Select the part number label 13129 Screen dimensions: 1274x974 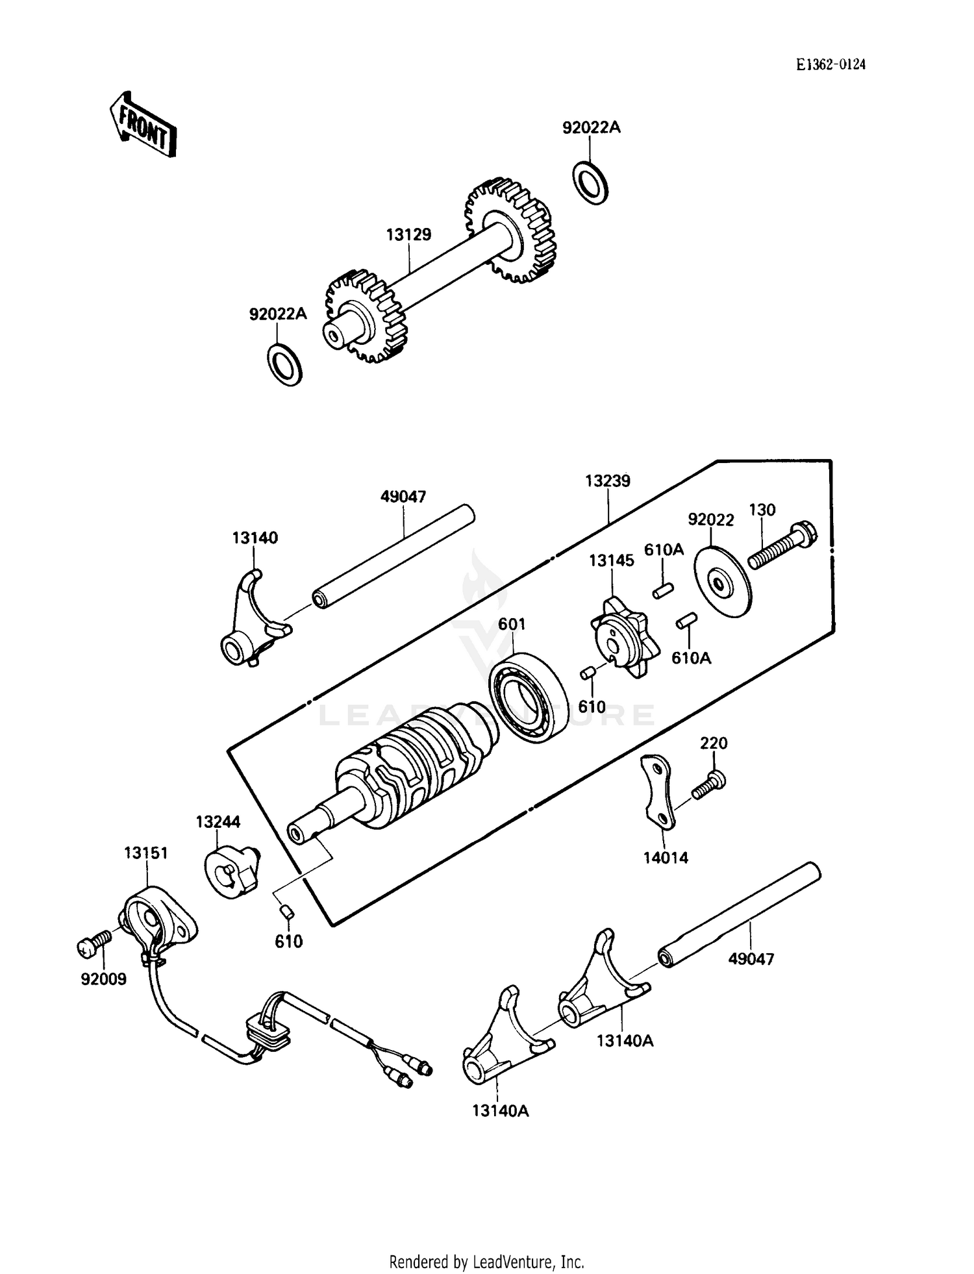point(408,234)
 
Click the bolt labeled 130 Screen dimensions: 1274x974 point(782,547)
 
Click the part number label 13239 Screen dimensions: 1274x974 point(607,481)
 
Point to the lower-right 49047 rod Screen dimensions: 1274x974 point(740,916)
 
